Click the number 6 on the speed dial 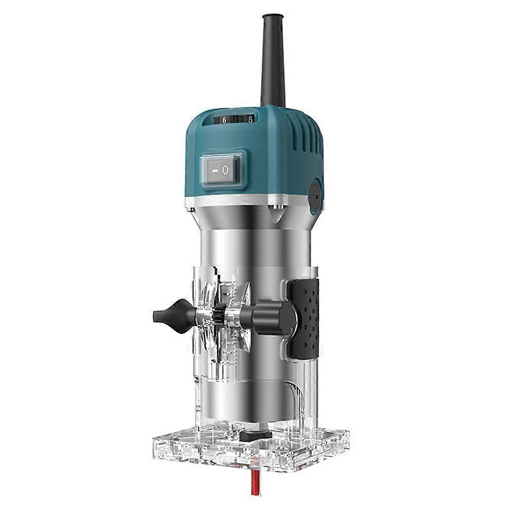pos(224,120)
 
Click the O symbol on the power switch pos(225,170)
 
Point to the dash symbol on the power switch pos(212,169)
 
